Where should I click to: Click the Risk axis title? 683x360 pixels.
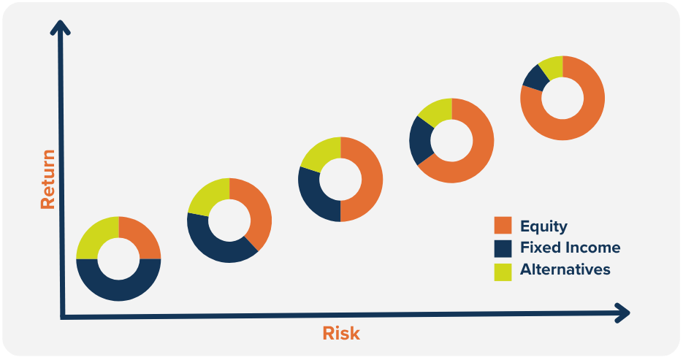[341, 334]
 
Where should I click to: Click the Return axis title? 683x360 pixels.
[48, 180]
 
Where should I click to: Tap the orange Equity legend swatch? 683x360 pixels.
[503, 226]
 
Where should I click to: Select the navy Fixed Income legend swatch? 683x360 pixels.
[503, 248]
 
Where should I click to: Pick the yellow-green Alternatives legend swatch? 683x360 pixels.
[503, 272]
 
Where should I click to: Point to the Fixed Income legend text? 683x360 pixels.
[571, 248]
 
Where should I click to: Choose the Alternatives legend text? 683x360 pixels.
[565, 269]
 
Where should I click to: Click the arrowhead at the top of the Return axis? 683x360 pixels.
[60, 27]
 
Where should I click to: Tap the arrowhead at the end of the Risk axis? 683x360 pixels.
[623, 313]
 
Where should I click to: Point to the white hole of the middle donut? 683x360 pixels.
[340, 180]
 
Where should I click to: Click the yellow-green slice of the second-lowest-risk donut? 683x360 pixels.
[207, 196]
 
